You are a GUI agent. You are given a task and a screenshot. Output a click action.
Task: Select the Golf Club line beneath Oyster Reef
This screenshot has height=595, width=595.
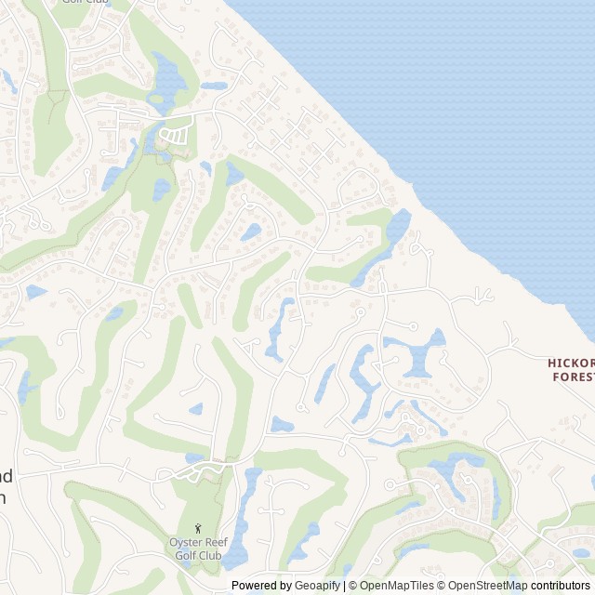[198, 556]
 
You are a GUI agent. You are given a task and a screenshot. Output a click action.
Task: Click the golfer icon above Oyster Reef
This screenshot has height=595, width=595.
[197, 529]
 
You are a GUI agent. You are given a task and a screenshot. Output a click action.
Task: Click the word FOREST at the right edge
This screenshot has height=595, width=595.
[574, 377]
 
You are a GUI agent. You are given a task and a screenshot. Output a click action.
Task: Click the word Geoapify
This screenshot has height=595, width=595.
[317, 586]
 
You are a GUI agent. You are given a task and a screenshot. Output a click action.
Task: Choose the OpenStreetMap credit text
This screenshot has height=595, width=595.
[483, 586]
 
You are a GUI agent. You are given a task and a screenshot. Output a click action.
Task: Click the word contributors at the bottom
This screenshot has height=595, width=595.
[562, 586]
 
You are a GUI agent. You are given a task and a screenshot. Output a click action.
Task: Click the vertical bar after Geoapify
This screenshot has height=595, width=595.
[344, 586]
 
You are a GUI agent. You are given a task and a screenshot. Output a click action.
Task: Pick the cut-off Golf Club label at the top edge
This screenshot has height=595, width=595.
[85, 2]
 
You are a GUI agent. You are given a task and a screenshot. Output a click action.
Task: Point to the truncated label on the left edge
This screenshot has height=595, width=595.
[6, 485]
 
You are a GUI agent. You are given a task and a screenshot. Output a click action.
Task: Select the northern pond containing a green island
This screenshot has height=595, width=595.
[168, 80]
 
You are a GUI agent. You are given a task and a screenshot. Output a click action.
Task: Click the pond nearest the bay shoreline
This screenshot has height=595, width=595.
[397, 227]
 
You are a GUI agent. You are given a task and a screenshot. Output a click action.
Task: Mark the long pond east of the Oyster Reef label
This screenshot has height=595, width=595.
[244, 516]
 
